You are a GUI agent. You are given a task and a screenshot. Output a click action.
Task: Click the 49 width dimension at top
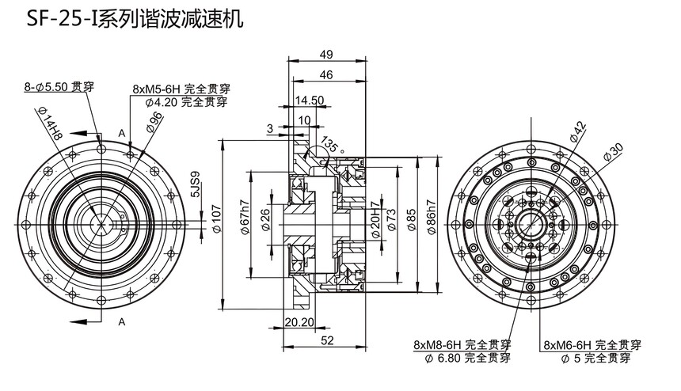click(x=326, y=54)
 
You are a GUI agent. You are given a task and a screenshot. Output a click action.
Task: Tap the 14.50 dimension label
click(x=310, y=101)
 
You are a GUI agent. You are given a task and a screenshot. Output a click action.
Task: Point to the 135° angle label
click(x=330, y=147)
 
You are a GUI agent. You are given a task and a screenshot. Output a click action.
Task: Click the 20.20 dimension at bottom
click(x=298, y=322)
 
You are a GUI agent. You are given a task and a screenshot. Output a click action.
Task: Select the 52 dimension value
click(x=326, y=340)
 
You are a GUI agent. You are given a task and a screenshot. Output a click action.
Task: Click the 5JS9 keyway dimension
click(x=195, y=182)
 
